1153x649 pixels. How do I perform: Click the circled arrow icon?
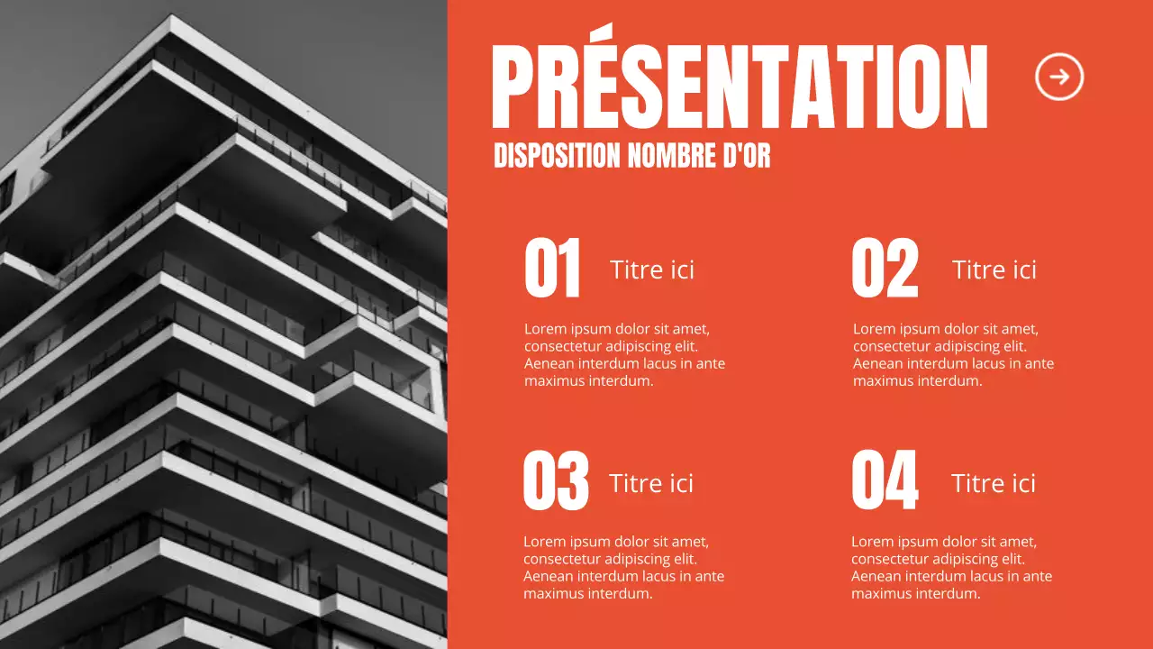coord(1059,77)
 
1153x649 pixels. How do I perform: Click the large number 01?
coord(552,268)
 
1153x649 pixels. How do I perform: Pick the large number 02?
coord(885,268)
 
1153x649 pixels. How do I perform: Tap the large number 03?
coord(556,481)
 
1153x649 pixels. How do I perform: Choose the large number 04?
coord(885,481)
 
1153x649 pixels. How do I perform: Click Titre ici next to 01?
coord(652,270)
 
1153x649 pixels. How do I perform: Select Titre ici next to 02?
coord(994,270)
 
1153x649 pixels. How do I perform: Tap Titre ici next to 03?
coord(651,483)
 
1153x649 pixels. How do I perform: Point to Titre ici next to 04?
coord(994,483)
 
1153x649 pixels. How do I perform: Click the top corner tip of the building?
coord(171,18)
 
